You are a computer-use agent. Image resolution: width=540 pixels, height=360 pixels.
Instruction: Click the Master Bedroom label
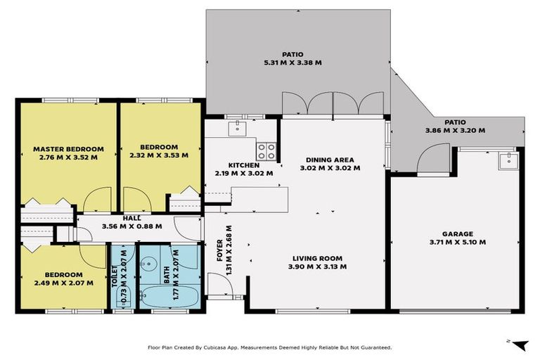[x=68, y=149]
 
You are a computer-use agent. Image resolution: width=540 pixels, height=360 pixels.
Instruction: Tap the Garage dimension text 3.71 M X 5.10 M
[x=458, y=243]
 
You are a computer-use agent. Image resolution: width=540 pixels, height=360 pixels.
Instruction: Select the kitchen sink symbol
[x=238, y=127]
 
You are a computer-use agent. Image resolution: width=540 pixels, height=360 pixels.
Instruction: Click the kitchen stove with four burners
[x=266, y=150]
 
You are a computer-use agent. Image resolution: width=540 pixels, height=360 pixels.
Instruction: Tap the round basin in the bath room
[x=149, y=263]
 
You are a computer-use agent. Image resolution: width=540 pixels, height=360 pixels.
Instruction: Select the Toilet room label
[x=115, y=277]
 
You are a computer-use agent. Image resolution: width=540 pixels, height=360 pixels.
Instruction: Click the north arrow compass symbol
[x=518, y=344]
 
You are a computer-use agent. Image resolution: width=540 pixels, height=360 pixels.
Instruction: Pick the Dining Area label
[x=330, y=160]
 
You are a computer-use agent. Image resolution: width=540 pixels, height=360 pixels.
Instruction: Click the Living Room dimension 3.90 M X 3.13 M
[x=317, y=266]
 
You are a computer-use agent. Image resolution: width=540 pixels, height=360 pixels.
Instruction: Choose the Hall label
[x=131, y=218]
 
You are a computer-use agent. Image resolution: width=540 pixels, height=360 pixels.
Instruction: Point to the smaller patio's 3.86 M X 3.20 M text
[x=455, y=130]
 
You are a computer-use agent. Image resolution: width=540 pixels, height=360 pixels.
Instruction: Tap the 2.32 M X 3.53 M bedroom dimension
[x=158, y=156]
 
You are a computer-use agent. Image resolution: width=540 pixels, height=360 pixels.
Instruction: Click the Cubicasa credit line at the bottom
[x=269, y=347]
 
